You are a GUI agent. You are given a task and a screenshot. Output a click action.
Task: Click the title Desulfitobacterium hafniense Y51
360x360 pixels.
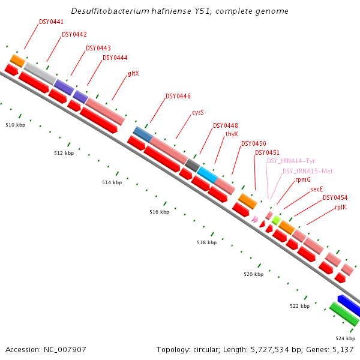pos(179,11)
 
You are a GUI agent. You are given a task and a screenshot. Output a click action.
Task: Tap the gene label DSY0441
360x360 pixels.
pos(52,22)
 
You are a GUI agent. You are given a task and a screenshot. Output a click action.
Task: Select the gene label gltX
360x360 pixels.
pos(133,74)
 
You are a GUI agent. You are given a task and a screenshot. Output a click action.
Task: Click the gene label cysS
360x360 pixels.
pos(198,112)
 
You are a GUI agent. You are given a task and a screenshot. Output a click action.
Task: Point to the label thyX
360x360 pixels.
pos(232,134)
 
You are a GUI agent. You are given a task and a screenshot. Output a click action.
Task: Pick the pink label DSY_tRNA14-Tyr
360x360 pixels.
pos(291,161)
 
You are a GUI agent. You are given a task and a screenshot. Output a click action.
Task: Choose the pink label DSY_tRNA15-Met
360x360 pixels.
pos(308,171)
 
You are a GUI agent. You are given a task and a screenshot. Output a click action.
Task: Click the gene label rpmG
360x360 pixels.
pos(303,179)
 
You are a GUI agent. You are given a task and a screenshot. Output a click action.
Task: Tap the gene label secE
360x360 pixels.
pos(317,189)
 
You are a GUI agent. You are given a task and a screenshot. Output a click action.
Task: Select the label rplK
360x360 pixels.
pos(340,207)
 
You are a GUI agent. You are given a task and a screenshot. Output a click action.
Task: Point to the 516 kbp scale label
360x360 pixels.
pos(159,212)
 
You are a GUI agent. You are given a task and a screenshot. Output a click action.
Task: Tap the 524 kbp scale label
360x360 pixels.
pos(345,338)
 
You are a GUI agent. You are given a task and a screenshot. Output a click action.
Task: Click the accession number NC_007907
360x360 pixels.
pos(46,349)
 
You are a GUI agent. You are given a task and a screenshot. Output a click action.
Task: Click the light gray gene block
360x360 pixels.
pos(40,73)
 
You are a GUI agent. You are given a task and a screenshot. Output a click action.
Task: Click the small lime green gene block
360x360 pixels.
pos(276,221)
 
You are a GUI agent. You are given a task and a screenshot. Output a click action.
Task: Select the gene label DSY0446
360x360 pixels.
pos(178,96)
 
